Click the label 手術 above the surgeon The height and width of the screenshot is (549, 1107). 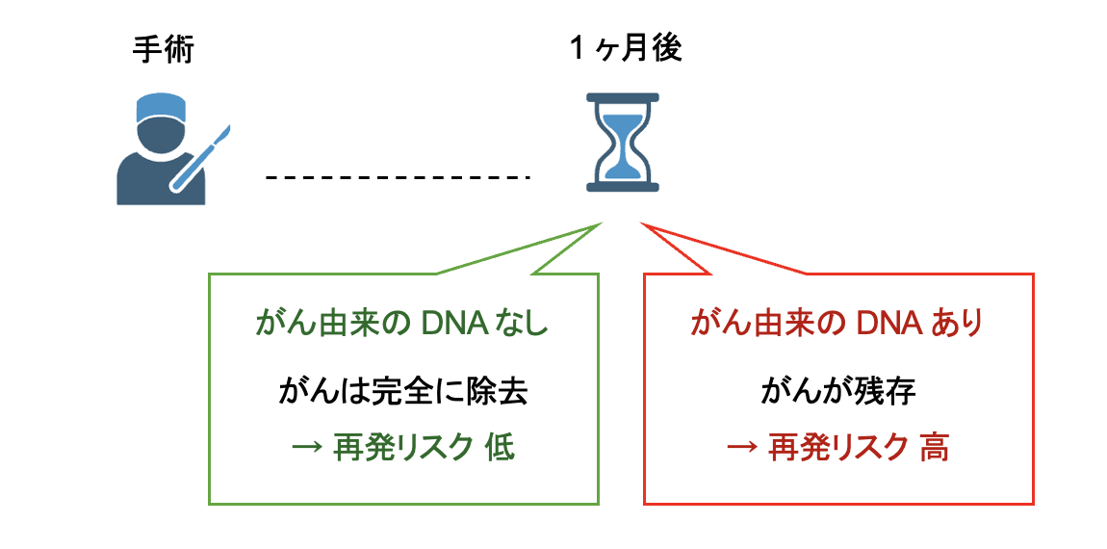(163, 49)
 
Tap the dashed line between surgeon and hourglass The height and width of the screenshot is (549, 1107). (399, 177)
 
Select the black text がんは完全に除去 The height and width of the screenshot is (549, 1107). (403, 392)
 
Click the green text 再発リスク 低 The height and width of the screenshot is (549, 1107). (403, 448)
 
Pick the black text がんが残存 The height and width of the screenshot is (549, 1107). (837, 392)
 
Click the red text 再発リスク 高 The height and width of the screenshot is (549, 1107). (837, 448)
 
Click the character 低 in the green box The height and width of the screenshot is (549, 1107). (501, 448)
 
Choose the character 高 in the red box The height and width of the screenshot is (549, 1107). (934, 448)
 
